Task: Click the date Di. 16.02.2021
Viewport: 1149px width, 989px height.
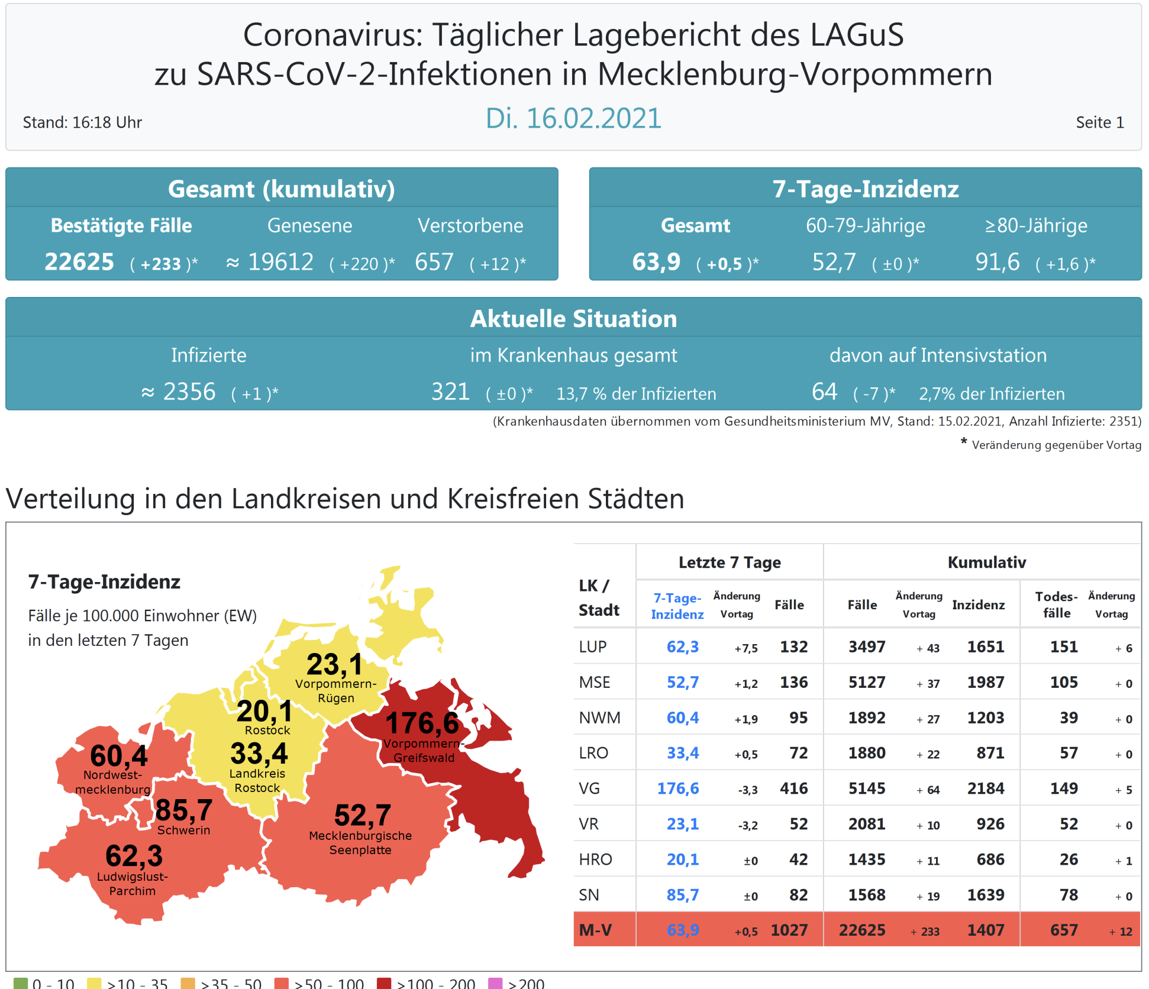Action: coord(573,118)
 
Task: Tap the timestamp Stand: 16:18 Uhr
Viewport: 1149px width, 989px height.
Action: coord(82,122)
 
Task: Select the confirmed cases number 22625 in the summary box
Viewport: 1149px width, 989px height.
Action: coord(79,261)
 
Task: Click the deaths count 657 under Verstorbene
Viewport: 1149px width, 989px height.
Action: coord(434,261)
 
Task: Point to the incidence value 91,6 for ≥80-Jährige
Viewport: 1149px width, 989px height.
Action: coord(997,261)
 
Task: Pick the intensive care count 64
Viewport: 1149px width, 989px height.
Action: coord(824,392)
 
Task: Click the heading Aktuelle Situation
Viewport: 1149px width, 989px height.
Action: coord(573,319)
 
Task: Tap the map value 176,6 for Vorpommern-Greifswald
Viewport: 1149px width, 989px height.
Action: coord(422,723)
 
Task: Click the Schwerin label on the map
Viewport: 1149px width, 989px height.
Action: coord(183,830)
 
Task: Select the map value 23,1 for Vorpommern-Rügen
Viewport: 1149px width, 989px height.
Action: coord(334,664)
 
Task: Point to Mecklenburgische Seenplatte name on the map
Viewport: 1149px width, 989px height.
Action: coord(360,843)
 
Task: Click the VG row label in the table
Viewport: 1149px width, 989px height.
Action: coord(589,788)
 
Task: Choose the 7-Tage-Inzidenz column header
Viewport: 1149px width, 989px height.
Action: coord(677,606)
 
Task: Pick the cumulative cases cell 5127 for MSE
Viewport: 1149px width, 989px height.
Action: coord(867,682)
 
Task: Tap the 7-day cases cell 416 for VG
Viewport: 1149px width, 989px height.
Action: coord(793,788)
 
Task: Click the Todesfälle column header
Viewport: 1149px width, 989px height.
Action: coord(1056,605)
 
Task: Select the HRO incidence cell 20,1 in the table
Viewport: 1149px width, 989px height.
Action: coord(682,859)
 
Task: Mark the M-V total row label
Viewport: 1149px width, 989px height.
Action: coord(595,930)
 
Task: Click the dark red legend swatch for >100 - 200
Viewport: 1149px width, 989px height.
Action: coord(384,983)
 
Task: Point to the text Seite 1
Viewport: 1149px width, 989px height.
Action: coord(1099,122)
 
